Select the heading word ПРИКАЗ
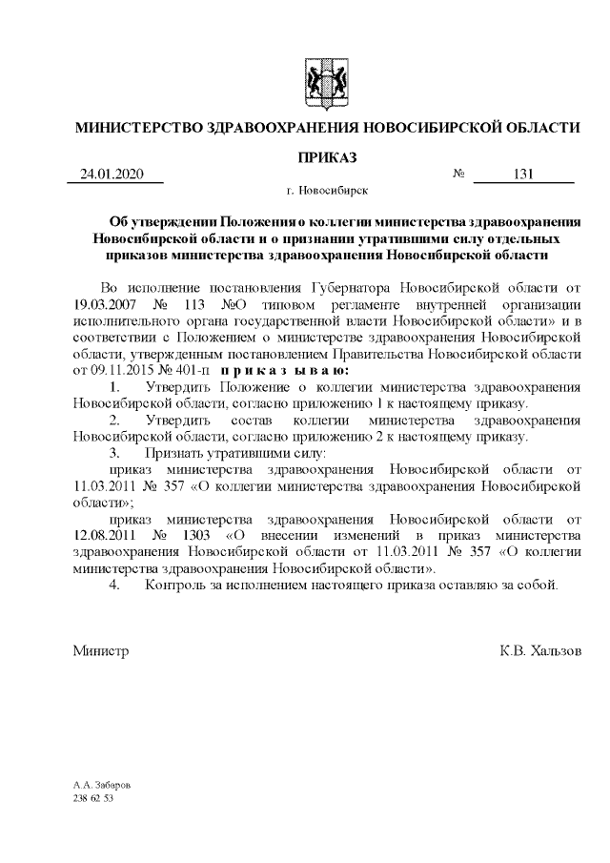coord(327,155)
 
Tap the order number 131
coord(522,175)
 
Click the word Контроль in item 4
coord(174,585)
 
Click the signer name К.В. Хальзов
coord(539,651)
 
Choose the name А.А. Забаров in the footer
coord(102,785)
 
